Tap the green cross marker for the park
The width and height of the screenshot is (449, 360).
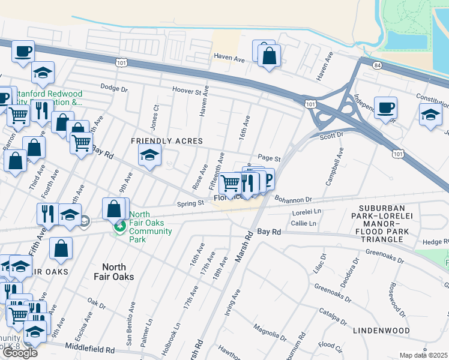[120, 226]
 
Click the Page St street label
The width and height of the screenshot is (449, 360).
[269, 159]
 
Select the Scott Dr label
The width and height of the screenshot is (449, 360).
[331, 136]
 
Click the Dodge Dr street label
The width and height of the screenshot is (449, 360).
[114, 89]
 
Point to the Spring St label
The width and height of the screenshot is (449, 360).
[191, 203]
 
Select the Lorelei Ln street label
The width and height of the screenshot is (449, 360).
[307, 212]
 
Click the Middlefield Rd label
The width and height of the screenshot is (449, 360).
[90, 349]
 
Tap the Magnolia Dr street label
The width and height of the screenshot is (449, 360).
[266, 329]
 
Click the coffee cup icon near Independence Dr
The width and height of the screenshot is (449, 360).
[385, 107]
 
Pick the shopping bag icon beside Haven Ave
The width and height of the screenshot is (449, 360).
[270, 57]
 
